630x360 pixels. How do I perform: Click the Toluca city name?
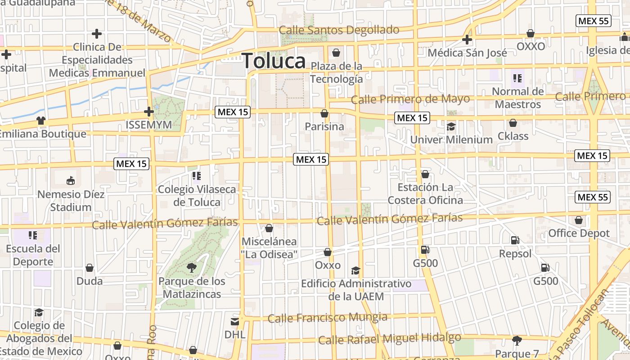coord(274,61)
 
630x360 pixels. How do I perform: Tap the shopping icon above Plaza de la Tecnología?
coord(336,53)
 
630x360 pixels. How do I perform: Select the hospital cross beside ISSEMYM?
coord(148,112)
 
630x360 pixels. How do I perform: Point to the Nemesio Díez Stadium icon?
coord(71,181)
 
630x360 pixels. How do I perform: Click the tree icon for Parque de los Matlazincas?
coord(192,268)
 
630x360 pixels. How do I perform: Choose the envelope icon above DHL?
coord(235,321)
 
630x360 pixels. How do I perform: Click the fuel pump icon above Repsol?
coord(515,240)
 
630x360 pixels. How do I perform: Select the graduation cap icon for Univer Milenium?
coord(451,126)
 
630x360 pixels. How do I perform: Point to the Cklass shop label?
coord(513,135)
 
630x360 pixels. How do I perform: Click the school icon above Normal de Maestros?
coord(517,78)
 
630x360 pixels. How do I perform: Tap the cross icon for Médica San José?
coord(467,40)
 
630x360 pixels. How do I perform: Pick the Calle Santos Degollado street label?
coord(339,30)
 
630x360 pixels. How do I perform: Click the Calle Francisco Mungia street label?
coord(327,318)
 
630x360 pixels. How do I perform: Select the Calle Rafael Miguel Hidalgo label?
coord(389,338)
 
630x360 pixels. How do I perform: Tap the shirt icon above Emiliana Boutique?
coord(41,121)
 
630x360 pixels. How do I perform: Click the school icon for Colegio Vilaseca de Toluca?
coord(196,175)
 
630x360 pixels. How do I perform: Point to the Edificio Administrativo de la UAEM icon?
coord(355,270)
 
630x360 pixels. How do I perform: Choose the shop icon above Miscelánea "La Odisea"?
coord(269,229)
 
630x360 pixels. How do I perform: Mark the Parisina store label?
coord(324,126)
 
